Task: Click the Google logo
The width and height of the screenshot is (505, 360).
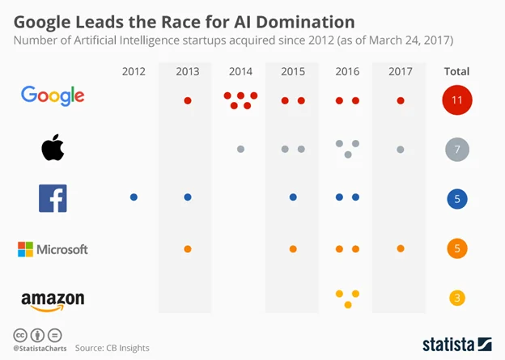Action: (x=53, y=95)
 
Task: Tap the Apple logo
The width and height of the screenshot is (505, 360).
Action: (x=53, y=148)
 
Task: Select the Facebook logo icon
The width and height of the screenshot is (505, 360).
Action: (x=53, y=198)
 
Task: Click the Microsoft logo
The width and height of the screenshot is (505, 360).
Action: (x=53, y=249)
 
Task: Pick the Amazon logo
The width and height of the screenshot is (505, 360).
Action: (x=53, y=301)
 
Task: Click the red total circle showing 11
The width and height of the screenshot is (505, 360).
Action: (x=457, y=100)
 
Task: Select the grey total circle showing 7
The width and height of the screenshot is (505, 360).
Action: (x=457, y=150)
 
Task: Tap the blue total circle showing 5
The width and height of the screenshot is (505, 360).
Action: (x=457, y=199)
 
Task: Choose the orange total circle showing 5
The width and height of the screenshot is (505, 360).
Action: (x=457, y=248)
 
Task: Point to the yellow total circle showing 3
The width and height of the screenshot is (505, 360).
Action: (x=457, y=299)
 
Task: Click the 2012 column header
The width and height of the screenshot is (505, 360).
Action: (x=134, y=71)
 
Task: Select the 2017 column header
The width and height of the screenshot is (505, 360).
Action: (x=400, y=71)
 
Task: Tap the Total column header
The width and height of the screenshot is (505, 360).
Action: (x=456, y=71)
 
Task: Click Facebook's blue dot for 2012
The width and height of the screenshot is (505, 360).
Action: (x=134, y=197)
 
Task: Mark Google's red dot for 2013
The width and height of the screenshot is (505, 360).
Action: (x=188, y=101)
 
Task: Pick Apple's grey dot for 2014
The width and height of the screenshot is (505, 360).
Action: (x=240, y=149)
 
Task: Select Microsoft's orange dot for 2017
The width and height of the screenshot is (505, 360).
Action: (x=401, y=248)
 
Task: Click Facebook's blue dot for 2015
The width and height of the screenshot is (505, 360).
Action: (x=293, y=197)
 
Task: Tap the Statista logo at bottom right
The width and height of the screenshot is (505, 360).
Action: (x=456, y=344)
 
